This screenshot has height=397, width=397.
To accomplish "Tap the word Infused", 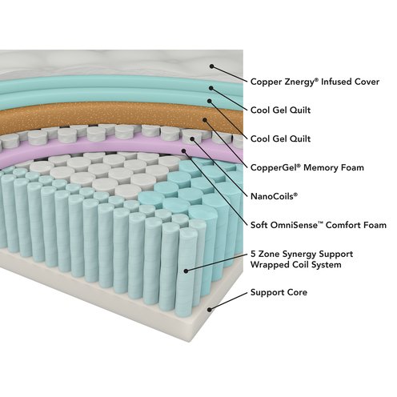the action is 335,82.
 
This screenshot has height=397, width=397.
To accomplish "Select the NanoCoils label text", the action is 274,196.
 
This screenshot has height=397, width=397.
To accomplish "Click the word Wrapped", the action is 267,265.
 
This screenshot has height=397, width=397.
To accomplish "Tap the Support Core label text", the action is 279,293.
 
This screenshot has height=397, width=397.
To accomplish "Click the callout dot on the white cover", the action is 211,66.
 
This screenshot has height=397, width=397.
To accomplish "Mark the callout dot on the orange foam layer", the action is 205,120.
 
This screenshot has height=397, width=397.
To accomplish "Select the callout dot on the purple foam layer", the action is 183,151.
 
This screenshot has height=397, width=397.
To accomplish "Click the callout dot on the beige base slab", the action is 210,310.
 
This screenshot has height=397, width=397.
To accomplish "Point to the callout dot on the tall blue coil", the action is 186,271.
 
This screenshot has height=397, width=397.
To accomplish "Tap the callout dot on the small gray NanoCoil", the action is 192,138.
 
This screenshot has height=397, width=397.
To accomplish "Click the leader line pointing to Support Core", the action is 228,301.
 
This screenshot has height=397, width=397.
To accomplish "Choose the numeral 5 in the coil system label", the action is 253,254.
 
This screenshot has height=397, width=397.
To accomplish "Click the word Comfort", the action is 343,225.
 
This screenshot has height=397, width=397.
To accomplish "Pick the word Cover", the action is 367,82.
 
